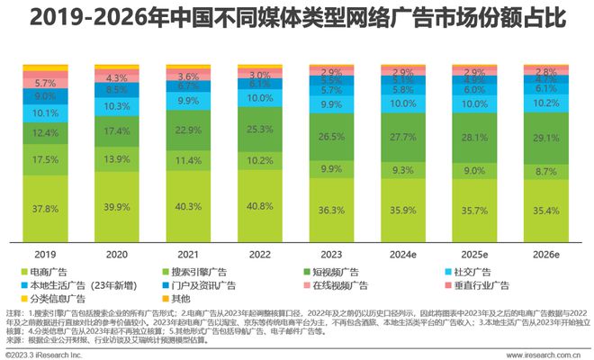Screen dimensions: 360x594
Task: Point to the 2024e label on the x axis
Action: coord(402,253)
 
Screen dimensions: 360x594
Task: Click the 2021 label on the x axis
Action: coord(187,253)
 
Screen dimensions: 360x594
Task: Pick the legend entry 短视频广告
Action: coord(338,272)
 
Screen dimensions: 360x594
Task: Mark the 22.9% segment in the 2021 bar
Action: coord(187,130)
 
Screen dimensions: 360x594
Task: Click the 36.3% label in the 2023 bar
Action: coord(331,210)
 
